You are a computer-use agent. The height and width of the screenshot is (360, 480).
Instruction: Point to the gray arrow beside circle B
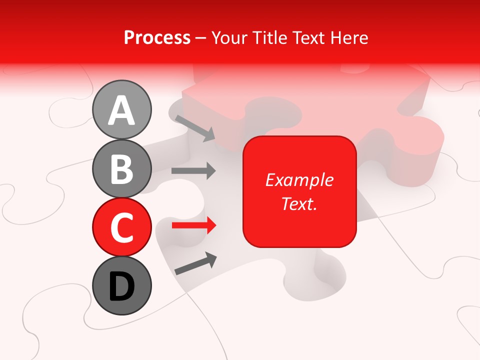(193, 171)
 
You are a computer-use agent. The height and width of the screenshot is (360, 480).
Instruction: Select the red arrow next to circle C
(193, 225)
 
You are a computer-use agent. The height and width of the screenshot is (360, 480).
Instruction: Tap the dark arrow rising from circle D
(195, 263)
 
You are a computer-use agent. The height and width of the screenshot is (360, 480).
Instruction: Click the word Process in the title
(157, 37)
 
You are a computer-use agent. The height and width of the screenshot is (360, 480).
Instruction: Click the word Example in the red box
(299, 180)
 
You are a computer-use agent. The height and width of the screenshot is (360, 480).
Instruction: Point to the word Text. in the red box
(299, 203)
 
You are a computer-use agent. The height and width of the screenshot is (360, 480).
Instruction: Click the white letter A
(122, 110)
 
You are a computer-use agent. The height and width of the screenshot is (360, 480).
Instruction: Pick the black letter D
(122, 287)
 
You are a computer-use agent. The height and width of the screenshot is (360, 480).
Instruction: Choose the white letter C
(122, 227)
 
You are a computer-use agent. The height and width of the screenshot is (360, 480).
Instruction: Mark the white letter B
(122, 169)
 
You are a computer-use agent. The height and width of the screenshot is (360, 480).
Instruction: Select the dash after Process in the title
(201, 38)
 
